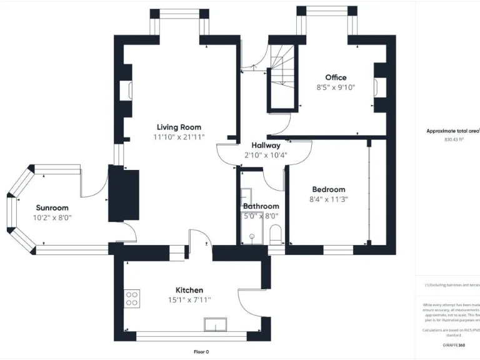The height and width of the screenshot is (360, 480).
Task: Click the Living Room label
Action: click(179, 127)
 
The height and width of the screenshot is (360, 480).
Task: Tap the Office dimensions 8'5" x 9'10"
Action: click(336, 88)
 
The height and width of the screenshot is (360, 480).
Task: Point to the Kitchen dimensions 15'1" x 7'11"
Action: click(189, 300)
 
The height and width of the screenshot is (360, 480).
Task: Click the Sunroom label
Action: click(52, 208)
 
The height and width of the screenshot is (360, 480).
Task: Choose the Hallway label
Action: click(261, 145)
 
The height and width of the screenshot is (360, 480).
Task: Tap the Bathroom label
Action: click(261, 206)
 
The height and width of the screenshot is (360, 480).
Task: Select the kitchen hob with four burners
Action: click(132, 299)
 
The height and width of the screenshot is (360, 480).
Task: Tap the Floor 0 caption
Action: click(201, 352)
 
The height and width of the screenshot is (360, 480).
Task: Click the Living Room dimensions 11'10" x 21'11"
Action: click(179, 137)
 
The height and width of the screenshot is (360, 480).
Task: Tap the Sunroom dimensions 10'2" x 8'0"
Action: click(52, 218)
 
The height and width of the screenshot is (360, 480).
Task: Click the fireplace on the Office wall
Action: click(377, 88)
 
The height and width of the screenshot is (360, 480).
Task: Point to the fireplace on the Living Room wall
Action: click(129, 91)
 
